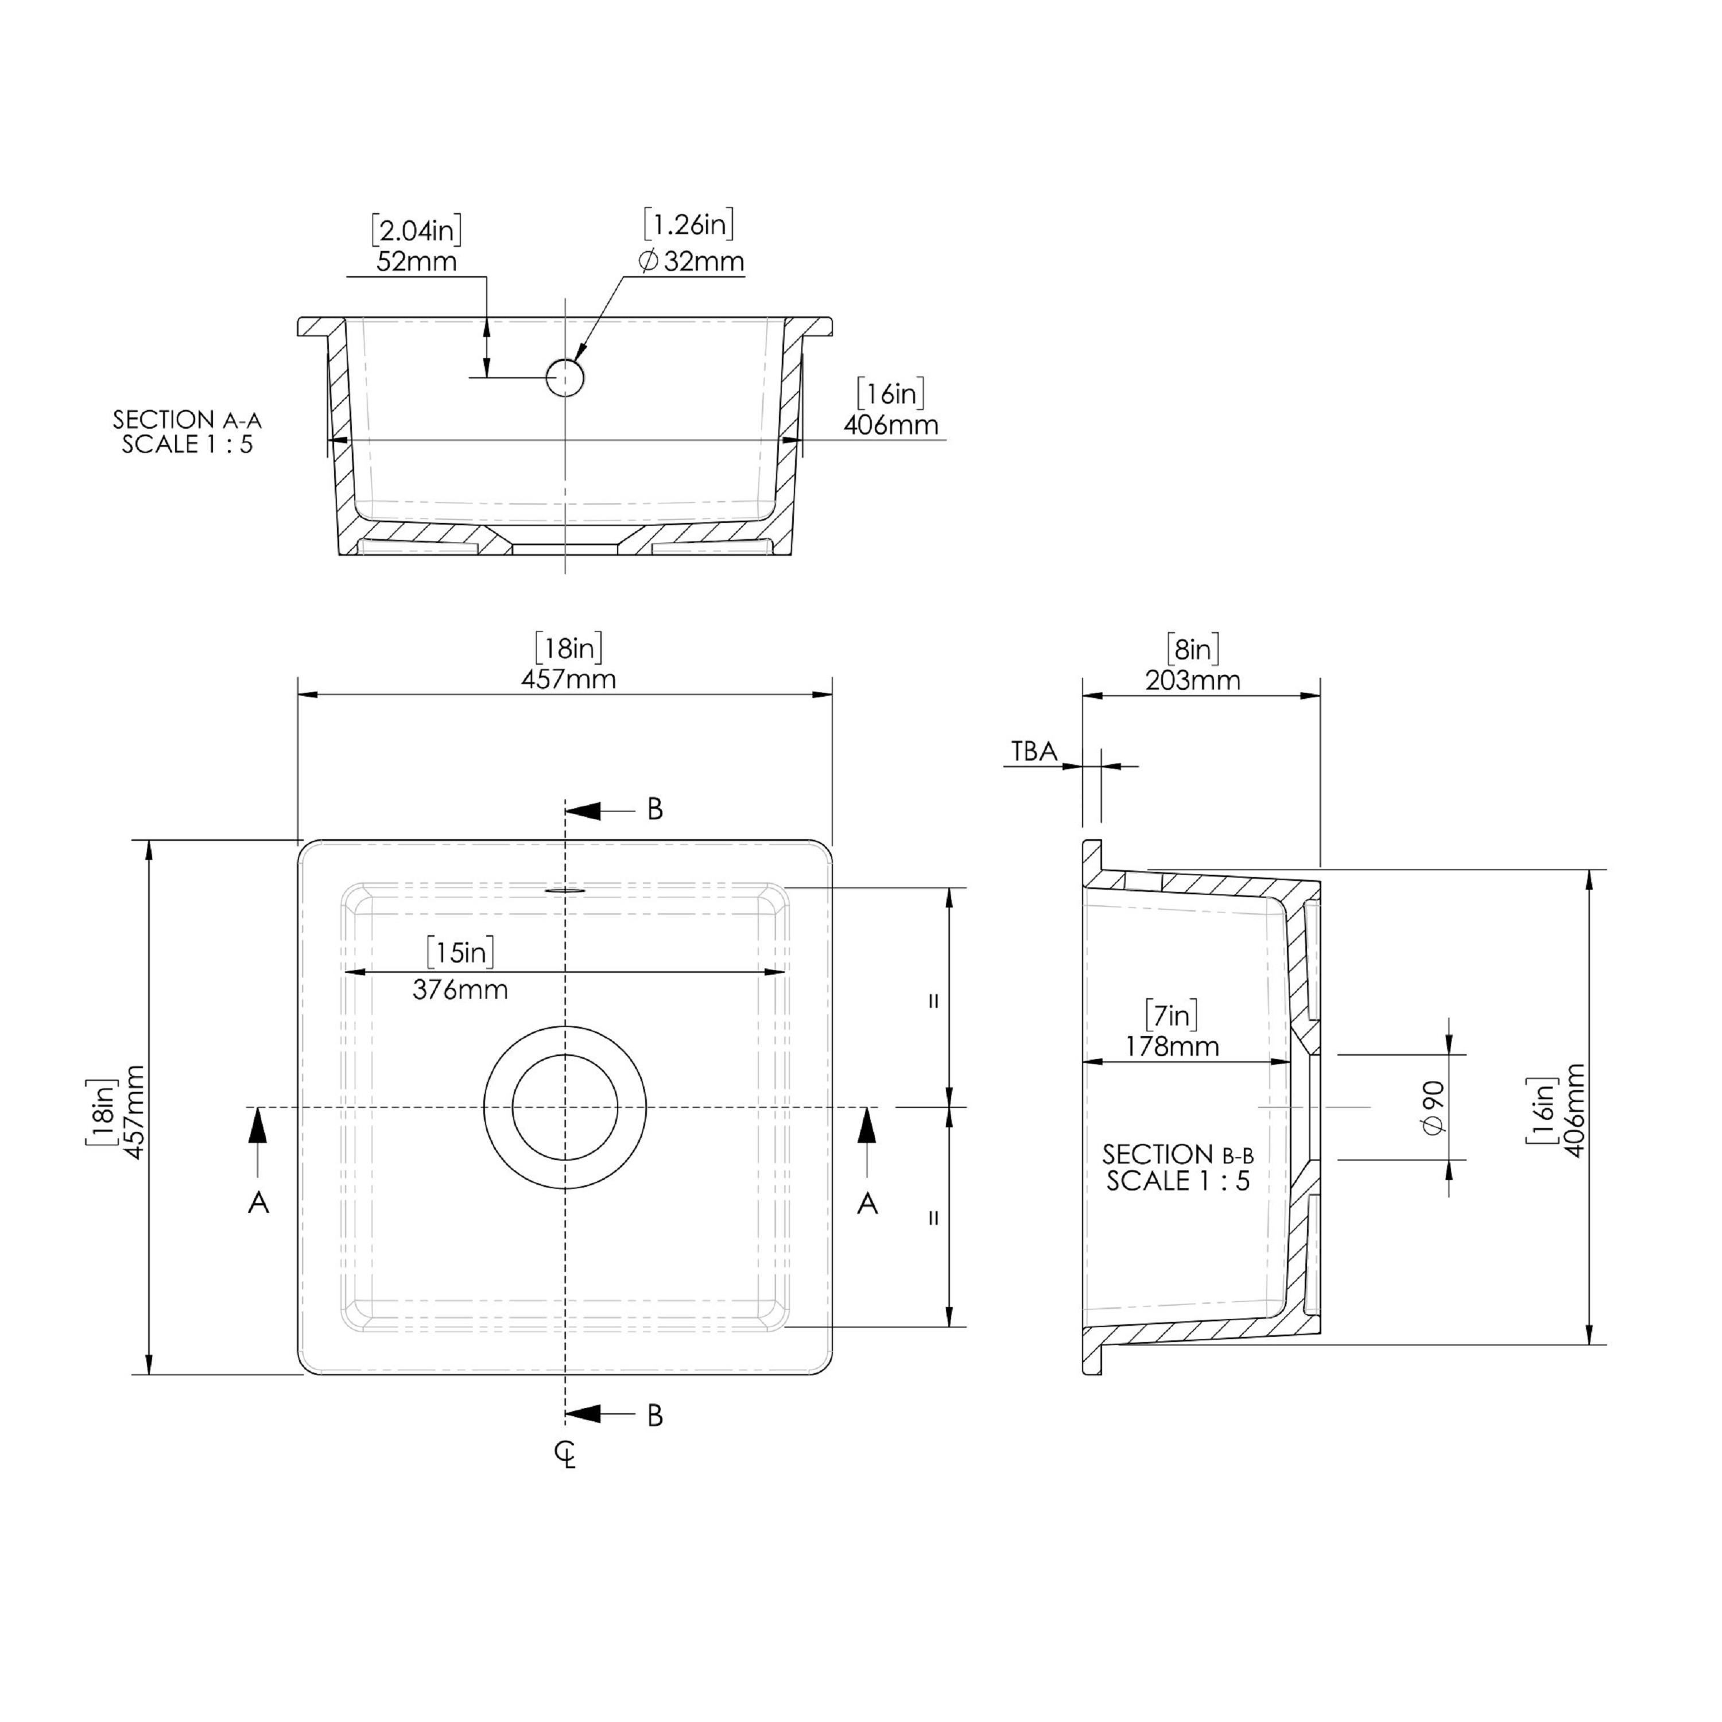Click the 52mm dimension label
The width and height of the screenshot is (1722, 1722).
[x=416, y=262]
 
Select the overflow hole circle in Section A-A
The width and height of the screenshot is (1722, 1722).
[x=564, y=378]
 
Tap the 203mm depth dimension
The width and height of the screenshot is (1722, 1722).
[x=1193, y=680]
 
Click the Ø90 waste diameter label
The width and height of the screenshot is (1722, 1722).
[x=1434, y=1107]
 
